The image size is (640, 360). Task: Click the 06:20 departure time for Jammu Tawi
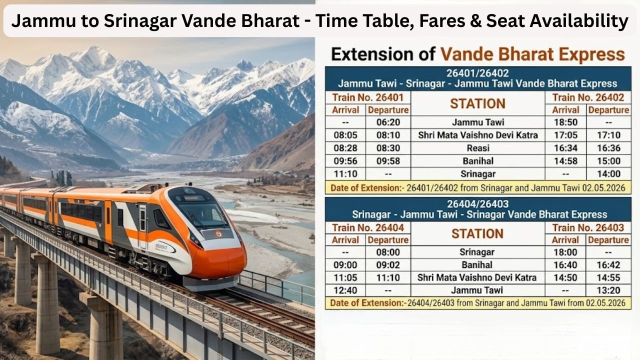pos(387,122)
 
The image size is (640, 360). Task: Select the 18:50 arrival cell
pos(565,122)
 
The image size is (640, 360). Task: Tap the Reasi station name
pos(477,148)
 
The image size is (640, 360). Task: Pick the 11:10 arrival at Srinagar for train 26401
pos(345,174)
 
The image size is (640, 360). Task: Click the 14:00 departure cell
pos(608,174)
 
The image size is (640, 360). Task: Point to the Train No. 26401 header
pos(367,97)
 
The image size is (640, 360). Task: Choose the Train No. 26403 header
pos(588,228)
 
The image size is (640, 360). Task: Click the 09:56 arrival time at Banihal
pos(345,161)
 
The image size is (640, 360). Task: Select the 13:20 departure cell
pos(608,290)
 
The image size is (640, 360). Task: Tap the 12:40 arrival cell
pos(345,290)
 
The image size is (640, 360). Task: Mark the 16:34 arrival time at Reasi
pos(565,148)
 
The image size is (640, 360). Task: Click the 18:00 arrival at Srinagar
pos(565,252)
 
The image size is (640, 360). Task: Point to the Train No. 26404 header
pos(367,228)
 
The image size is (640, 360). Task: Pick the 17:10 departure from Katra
pos(608,135)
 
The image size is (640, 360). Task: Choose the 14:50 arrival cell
pos(565,277)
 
